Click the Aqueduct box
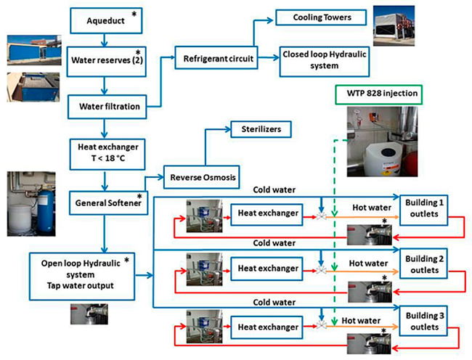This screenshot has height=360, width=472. tap(103, 20)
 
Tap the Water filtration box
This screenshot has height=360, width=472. tap(103, 107)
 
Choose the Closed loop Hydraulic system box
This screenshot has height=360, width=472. tap(320, 60)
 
